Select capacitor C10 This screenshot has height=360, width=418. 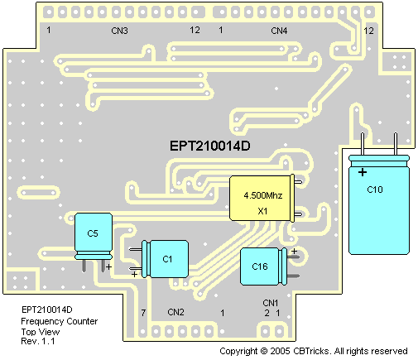point(379,204)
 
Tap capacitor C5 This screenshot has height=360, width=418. point(94,237)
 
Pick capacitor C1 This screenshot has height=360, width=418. point(165,259)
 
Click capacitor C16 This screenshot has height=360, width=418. point(263,266)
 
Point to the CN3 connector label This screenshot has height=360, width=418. point(119,31)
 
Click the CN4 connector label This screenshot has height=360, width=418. point(279,31)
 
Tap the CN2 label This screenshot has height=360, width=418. point(175,312)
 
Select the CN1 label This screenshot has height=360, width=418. point(271,303)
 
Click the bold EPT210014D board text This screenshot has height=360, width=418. point(210,146)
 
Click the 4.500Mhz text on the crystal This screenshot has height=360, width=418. point(263,195)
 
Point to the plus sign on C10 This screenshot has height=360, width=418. point(363,172)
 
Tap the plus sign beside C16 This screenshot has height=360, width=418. point(295,251)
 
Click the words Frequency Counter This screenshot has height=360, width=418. point(60,321)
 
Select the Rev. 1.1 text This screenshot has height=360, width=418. point(38,341)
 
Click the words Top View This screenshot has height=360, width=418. point(41,331)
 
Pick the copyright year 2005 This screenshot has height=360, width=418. point(280,351)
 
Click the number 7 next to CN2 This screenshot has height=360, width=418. point(143,313)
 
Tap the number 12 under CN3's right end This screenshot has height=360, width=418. point(195,30)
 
